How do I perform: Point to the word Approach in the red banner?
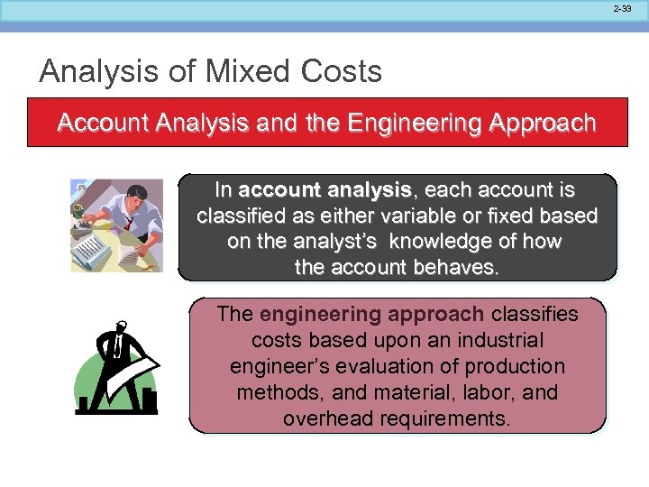coord(542,123)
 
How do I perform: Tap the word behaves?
coord(454,269)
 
